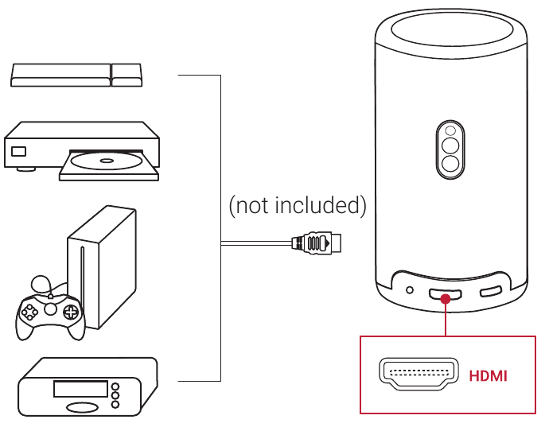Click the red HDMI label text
[488, 375]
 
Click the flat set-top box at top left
[76, 76]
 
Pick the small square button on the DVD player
[18, 151]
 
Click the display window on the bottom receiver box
[80, 389]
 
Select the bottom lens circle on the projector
[450, 165]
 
